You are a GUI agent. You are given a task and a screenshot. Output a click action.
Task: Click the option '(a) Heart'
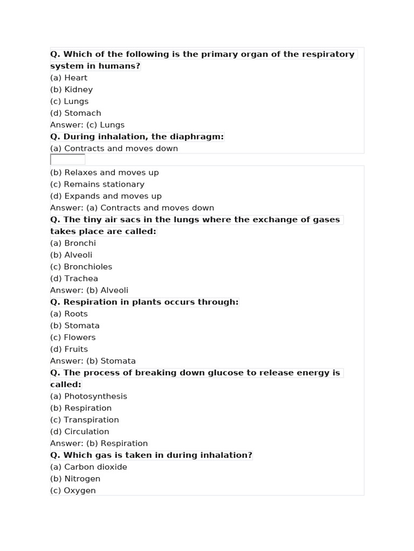pos(68,77)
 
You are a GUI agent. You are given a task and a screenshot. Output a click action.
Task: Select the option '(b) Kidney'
pos(71,89)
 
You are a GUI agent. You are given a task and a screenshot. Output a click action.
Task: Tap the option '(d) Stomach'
pos(75,113)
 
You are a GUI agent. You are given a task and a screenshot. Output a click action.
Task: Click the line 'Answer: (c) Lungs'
pos(87,125)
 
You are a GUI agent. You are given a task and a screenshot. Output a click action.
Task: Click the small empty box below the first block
pos(67,160)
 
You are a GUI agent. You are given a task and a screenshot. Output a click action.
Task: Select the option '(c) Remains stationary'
pos(97,185)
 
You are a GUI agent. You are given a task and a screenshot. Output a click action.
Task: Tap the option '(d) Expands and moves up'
pos(106,196)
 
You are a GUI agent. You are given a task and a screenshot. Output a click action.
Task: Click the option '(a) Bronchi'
pos(73,243)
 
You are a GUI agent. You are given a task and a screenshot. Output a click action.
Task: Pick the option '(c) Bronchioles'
pos(81,267)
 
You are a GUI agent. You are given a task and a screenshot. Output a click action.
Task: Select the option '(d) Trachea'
pos(74,279)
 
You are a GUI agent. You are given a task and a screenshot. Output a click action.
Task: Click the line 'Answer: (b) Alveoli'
pos(89,291)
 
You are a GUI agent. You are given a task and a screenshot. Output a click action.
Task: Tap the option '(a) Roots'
pos(69,314)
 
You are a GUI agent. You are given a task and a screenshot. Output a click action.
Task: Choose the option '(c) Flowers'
pos(73,337)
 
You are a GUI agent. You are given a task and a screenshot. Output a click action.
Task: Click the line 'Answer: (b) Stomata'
pos(93,361)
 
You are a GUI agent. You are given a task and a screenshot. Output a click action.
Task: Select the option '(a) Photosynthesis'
pos(88,397)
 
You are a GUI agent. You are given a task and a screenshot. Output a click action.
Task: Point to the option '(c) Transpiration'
pos(84,420)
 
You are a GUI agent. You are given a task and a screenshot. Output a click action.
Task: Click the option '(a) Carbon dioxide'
pos(88,467)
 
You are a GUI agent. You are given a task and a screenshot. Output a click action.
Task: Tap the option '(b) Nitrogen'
pos(75,479)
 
